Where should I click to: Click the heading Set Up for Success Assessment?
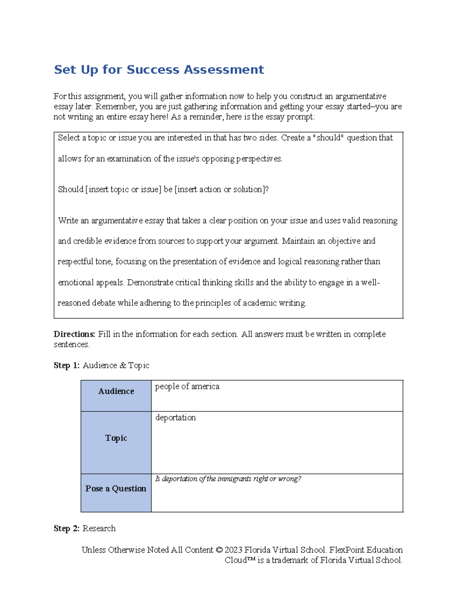coord(159,70)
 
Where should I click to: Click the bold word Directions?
coord(74,334)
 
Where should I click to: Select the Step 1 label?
coord(67,366)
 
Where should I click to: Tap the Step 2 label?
coord(67,529)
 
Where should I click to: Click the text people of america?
coord(187,387)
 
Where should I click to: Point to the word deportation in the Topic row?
coord(176,418)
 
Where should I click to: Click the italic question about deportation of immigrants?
coord(228,479)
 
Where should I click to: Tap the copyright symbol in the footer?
coord(219,550)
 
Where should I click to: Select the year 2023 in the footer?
coord(233,550)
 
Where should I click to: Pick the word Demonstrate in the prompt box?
coord(150,283)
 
